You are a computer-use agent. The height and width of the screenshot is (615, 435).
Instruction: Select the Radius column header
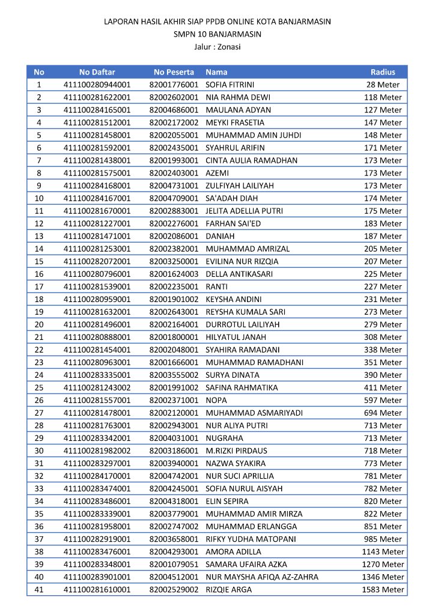tap(383, 72)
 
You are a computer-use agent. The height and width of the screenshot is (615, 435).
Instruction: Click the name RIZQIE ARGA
tap(229, 590)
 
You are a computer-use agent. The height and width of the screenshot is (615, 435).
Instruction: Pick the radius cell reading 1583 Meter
tap(383, 590)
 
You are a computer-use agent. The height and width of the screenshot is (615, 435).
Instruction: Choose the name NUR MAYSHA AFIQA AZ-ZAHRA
tap(262, 577)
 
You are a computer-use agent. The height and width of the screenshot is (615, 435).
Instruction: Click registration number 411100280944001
tap(97, 85)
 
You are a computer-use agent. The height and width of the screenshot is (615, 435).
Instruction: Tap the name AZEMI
tap(216, 173)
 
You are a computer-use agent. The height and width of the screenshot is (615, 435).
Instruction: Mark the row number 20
tap(39, 324)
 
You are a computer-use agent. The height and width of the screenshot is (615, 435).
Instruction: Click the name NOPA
tap(216, 400)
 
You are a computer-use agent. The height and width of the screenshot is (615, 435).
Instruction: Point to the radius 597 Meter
tap(383, 400)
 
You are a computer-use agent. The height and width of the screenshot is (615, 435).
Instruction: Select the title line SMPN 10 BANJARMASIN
tap(218, 34)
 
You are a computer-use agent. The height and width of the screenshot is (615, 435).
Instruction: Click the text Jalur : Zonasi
tap(218, 46)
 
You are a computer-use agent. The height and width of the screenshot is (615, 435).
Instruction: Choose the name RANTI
tap(216, 286)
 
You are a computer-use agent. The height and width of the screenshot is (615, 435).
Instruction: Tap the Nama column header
tap(216, 72)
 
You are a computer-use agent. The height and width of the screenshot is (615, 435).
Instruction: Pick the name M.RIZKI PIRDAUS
tap(237, 450)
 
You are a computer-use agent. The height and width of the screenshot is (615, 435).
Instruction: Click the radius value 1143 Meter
tap(383, 552)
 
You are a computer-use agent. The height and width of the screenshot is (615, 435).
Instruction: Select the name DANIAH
tap(220, 236)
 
